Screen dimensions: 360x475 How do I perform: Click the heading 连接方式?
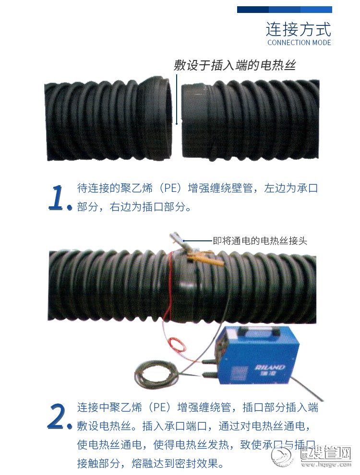[299, 29]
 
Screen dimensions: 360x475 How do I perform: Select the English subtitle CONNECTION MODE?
[299, 43]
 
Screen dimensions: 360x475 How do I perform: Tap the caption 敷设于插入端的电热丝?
[235, 65]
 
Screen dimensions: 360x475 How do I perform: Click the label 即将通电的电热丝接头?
[260, 241]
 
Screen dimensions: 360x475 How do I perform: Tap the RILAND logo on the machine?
[270, 368]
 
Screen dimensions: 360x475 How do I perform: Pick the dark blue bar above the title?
[284, 10]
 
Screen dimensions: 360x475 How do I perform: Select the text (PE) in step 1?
[170, 188]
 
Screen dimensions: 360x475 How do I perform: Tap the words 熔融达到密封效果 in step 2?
[175, 463]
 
